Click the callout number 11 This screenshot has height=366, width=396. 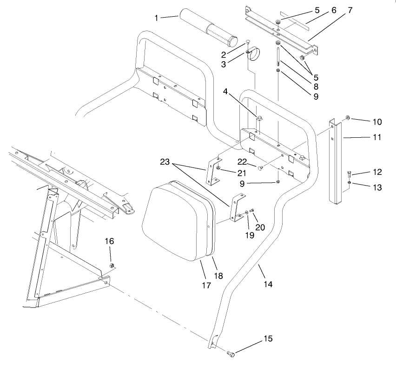[377, 137]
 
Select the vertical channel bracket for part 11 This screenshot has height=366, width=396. [336, 162]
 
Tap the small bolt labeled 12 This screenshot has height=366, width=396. [349, 175]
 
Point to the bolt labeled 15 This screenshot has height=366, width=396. [231, 355]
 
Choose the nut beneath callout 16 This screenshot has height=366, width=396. [112, 265]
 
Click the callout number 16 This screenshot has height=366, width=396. [109, 241]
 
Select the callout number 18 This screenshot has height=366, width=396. [218, 276]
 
